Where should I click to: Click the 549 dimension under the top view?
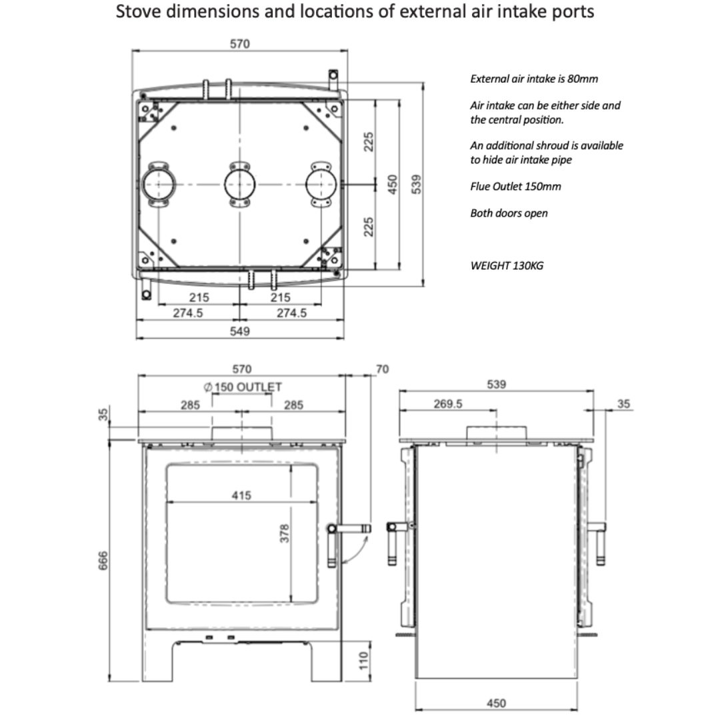click(239, 331)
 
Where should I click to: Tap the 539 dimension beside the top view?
click(417, 184)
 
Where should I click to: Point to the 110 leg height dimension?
click(363, 664)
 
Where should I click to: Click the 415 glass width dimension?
click(241, 495)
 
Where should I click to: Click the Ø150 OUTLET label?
click(243, 387)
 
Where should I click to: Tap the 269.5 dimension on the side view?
click(448, 403)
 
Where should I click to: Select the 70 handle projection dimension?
click(382, 369)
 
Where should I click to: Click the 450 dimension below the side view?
click(496, 703)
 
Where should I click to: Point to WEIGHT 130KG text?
click(507, 265)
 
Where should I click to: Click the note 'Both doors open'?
click(509, 213)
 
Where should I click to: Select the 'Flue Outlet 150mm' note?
click(515, 186)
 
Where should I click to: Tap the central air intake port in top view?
click(239, 183)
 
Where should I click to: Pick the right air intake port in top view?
click(320, 183)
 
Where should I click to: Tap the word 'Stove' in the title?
click(136, 11)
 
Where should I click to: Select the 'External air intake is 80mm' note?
click(534, 79)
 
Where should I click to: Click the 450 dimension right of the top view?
click(393, 184)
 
